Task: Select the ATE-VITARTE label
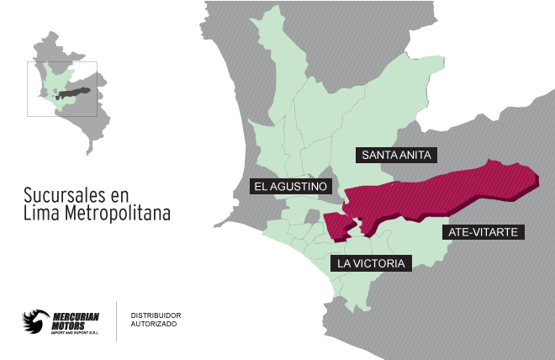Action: [484, 230]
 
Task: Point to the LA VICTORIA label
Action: [371, 263]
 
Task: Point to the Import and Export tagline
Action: [74, 334]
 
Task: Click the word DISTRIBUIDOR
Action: [156, 315]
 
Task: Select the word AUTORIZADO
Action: [153, 325]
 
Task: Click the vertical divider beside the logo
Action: [116, 320]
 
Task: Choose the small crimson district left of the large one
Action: [335, 225]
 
